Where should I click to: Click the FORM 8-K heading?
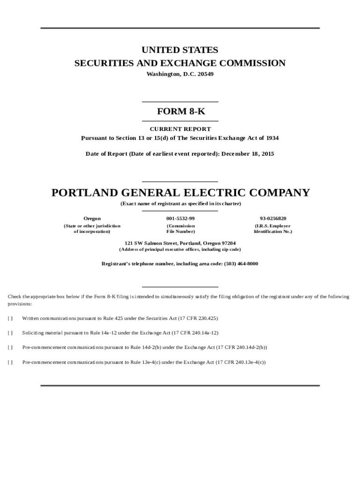(180, 112)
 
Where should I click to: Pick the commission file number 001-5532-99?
(180, 218)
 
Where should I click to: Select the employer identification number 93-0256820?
(273, 218)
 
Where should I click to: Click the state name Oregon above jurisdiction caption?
(92, 218)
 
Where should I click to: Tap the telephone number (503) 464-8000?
(240, 264)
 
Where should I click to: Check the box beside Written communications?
(10, 319)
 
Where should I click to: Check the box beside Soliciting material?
(10, 333)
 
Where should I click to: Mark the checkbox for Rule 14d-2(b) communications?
(10, 348)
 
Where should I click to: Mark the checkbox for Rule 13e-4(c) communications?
(10, 362)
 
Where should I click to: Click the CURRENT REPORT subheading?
(180, 129)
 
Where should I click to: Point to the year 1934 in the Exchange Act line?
(272, 138)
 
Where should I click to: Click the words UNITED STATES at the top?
(180, 50)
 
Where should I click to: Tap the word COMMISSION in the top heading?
(252, 63)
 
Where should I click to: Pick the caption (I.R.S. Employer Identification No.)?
(273, 229)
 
